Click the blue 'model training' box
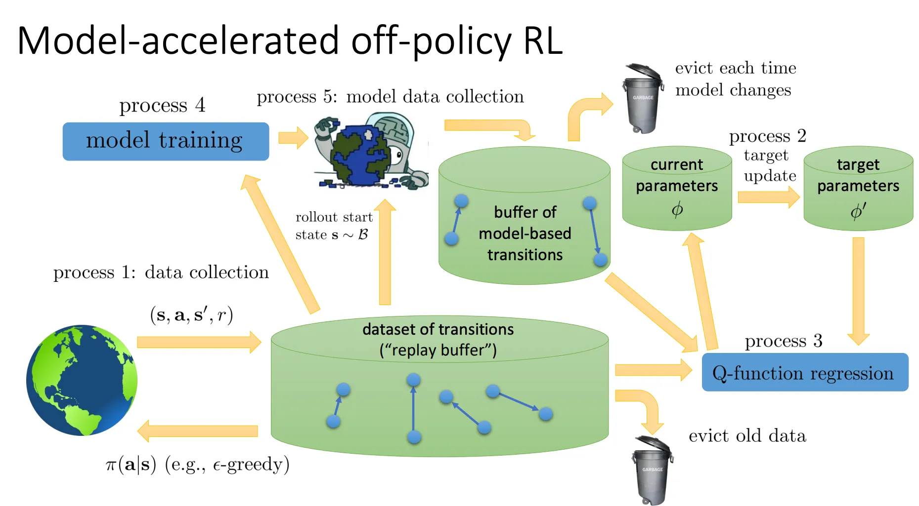pos(166,141)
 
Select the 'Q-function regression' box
pos(804,373)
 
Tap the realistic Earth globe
pos(82,380)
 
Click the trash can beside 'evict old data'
pos(652,469)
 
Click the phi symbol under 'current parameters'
pos(677,210)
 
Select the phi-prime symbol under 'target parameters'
pos(858,211)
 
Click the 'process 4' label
pos(162,105)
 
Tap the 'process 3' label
pos(783,341)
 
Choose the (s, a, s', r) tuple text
pos(191,314)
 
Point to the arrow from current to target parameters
pos(768,197)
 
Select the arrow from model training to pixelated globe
pos(293,138)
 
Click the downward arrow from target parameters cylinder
pos(858,291)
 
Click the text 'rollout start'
pos(334,217)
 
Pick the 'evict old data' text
pos(747,436)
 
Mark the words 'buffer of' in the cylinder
pos(525,212)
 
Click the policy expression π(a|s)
pos(131,465)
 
